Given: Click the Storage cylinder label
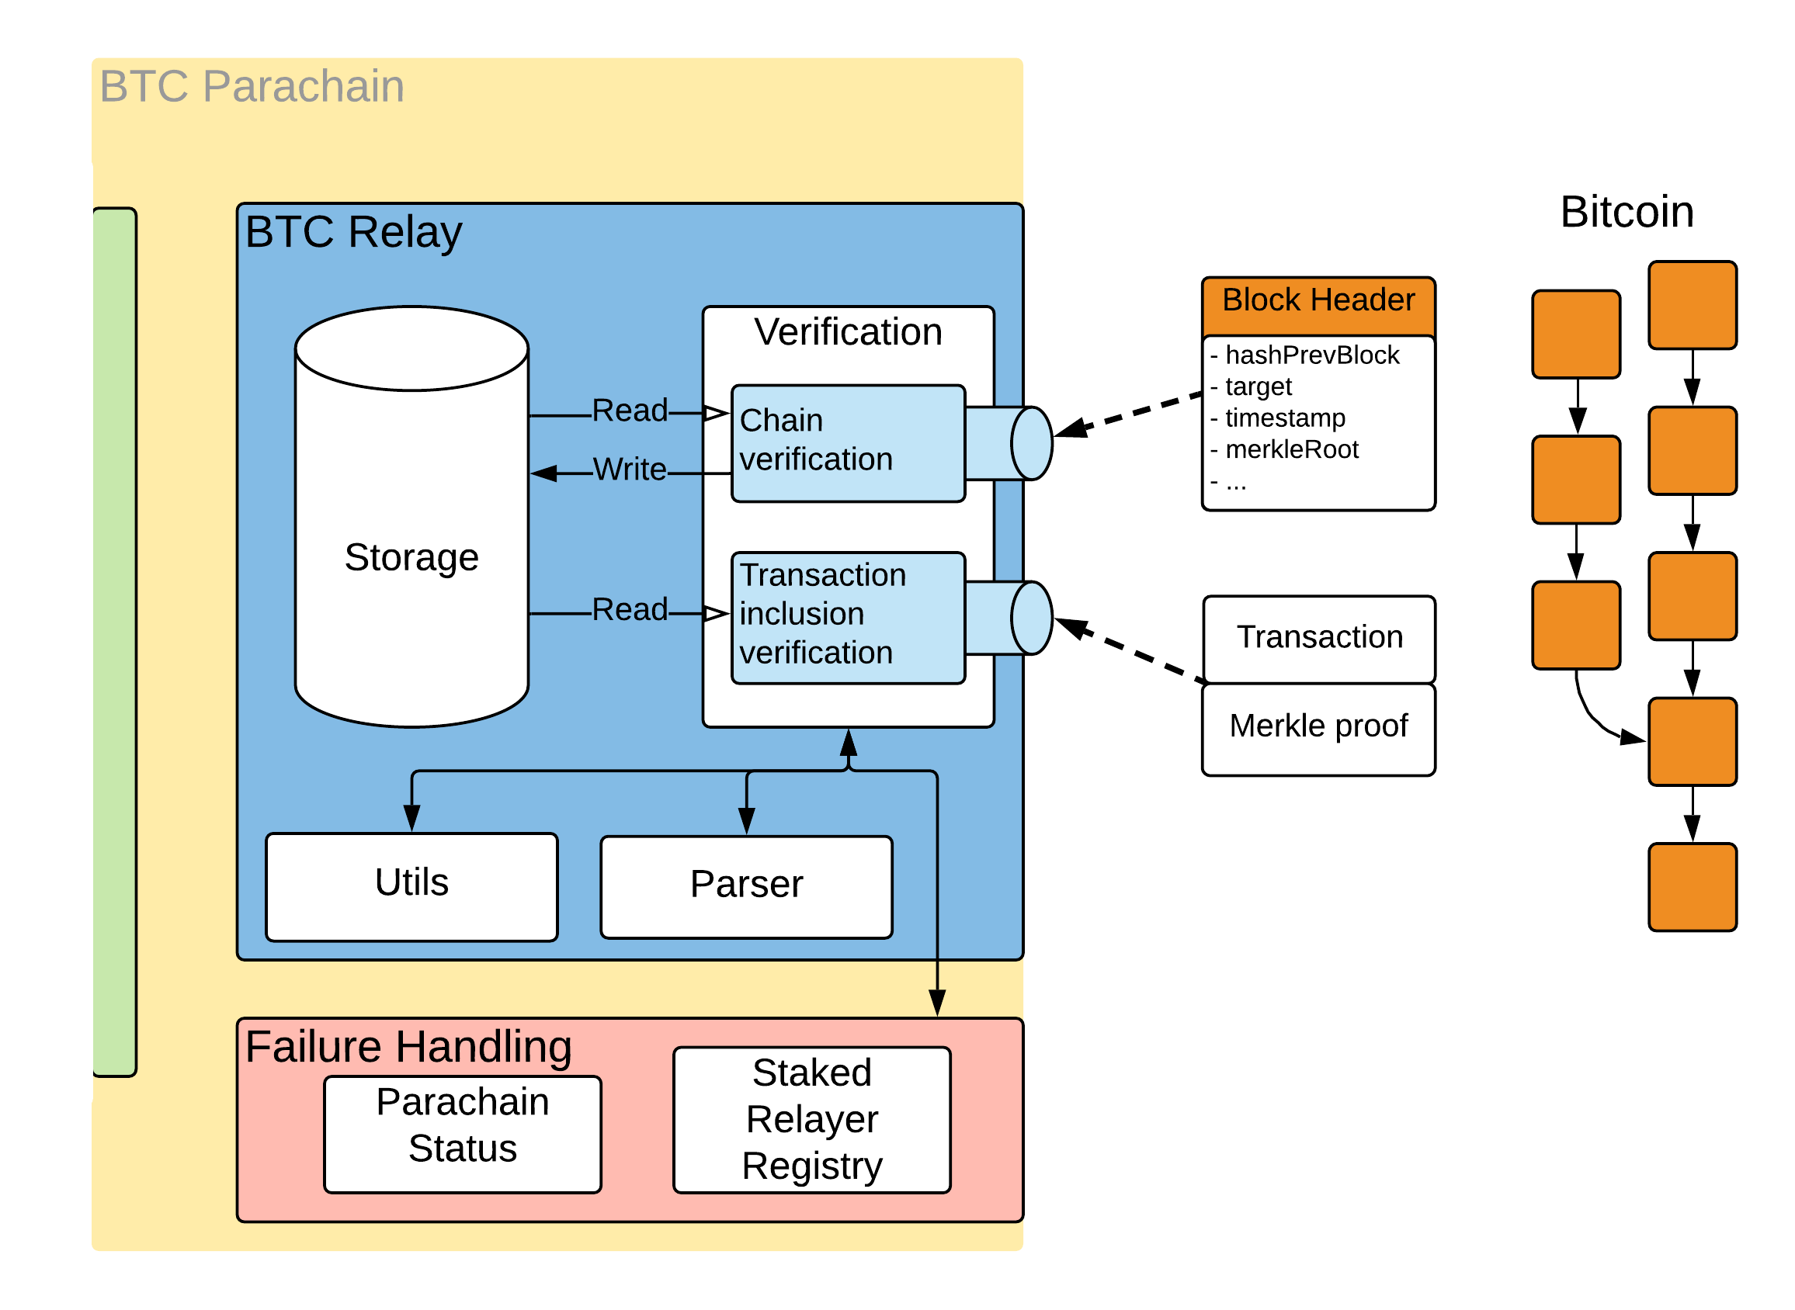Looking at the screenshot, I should pos(411,557).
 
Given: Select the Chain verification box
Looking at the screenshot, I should pos(847,443).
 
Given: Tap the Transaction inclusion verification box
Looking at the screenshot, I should pos(847,618).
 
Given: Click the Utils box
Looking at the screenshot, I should pos(411,885).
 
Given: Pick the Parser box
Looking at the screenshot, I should pos(745,886).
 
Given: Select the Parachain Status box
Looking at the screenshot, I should pos(463,1134).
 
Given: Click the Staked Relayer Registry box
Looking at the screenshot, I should pos(811,1120).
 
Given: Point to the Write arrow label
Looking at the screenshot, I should pos(630,470).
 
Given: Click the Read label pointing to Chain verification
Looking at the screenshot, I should pos(630,411).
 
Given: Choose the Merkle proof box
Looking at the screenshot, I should pos(1318,726).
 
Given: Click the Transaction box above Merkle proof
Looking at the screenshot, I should pos(1319,638).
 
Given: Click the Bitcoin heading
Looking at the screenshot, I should pos(1626,213).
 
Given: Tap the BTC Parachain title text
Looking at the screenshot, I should pos(252,85).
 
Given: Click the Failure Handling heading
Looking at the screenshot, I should pos(408,1047).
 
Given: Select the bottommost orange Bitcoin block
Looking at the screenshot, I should pos(1692,887).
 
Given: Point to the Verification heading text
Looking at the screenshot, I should pos(847,332).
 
